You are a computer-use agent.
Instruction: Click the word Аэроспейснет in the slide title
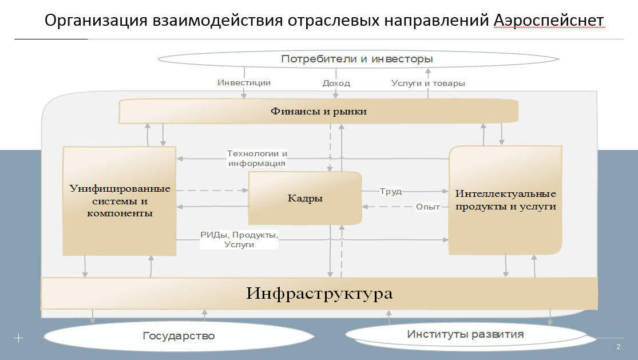click(548, 21)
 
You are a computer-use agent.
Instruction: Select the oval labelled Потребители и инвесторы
click(357, 59)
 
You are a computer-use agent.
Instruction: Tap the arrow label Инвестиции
click(244, 82)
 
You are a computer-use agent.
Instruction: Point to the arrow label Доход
click(336, 83)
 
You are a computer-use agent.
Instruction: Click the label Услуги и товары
click(428, 83)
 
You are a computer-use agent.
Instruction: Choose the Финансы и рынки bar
click(318, 111)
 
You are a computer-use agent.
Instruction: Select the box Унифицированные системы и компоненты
click(119, 200)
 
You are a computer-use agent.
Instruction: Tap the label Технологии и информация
click(257, 159)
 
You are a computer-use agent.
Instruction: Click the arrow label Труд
click(391, 191)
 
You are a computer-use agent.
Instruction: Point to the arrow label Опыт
click(427, 207)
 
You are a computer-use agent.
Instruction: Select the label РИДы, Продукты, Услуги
click(239, 240)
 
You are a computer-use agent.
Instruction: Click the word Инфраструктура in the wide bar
click(319, 294)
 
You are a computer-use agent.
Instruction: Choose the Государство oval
click(179, 335)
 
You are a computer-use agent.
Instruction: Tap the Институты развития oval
click(465, 334)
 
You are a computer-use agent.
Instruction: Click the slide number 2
click(618, 347)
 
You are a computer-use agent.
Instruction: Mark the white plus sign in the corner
click(18, 338)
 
